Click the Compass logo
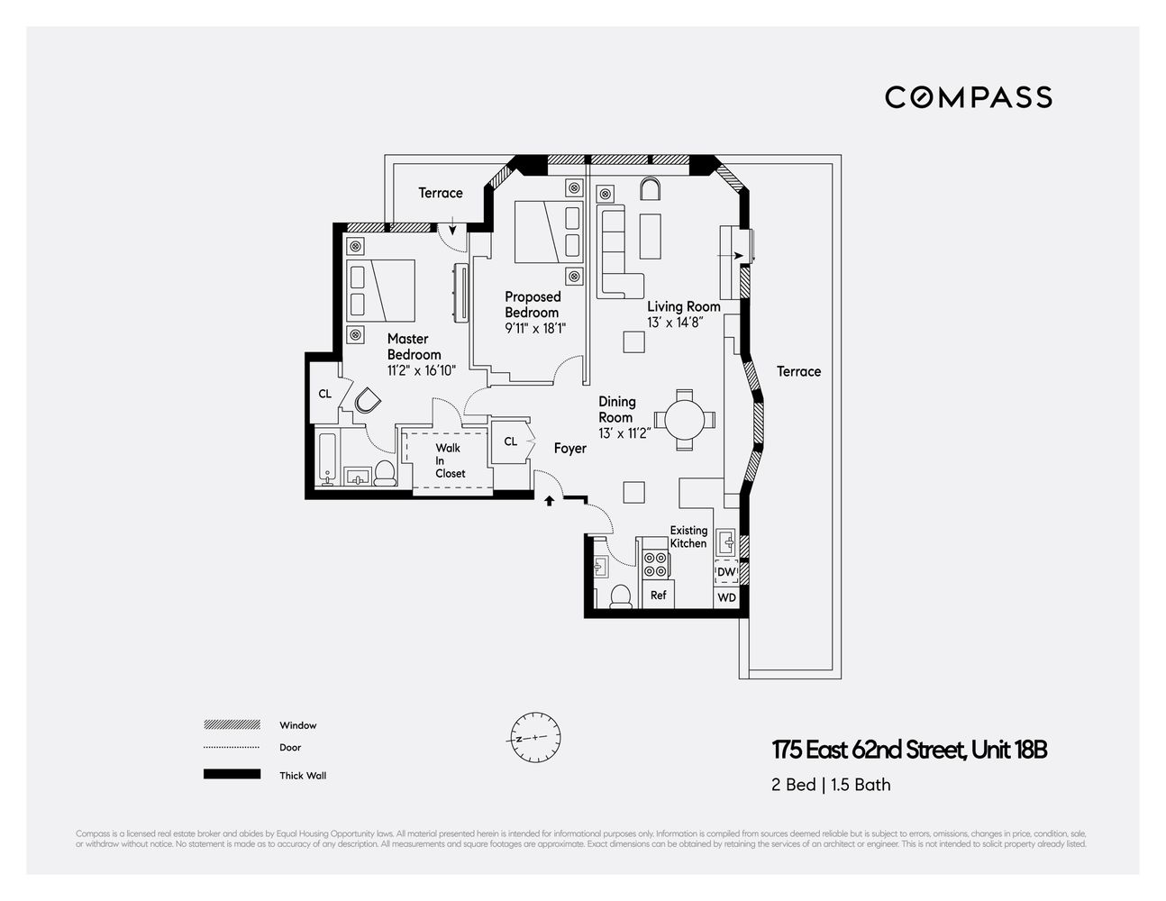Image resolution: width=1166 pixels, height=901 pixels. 968,97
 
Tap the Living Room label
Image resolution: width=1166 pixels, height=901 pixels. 683,306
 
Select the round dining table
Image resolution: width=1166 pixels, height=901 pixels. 685,420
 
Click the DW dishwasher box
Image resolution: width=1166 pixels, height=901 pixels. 726,572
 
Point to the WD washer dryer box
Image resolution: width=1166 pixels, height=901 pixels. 726,597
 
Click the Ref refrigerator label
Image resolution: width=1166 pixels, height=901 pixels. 658,596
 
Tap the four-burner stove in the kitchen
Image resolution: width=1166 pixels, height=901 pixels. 655,564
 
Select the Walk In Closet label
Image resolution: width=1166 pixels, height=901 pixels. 450,460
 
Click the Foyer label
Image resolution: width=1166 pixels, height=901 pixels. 569,448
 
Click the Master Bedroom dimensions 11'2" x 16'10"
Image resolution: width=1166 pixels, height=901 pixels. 422,369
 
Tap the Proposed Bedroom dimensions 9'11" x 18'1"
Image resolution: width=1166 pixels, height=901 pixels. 535,328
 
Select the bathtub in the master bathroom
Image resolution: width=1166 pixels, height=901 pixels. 327,460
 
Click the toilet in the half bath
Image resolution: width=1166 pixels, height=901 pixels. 620,596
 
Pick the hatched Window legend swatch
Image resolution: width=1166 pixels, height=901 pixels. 232,724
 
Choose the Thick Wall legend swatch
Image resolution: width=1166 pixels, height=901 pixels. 232,775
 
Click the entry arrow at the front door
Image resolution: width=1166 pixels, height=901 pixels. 549,501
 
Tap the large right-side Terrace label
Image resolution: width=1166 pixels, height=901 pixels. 798,371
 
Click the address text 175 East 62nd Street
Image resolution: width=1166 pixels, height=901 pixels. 909,750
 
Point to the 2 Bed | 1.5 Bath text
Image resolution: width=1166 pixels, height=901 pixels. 831,785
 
